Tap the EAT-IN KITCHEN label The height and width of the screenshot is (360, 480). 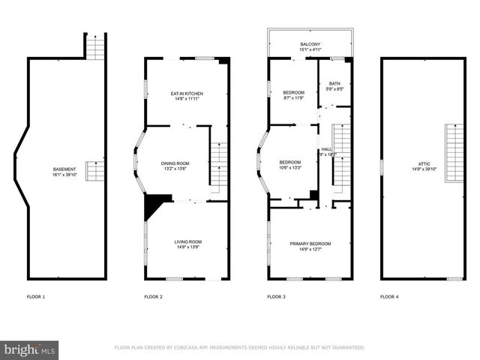(x=187, y=93)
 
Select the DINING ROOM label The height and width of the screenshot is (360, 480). (x=175, y=163)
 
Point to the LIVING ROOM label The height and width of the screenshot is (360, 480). (x=188, y=241)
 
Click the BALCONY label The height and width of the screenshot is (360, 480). (x=310, y=44)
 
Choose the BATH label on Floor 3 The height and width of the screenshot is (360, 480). (x=334, y=83)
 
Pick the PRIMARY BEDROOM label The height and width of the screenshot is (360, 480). (x=310, y=244)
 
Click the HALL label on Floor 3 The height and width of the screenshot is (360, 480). (x=326, y=149)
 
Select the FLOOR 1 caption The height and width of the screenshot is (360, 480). (x=36, y=297)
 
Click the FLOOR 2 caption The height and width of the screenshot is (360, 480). (x=153, y=297)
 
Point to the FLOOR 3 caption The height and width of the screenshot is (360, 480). (x=277, y=297)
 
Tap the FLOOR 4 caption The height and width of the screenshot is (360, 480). (x=389, y=297)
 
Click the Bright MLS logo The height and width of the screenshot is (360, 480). (x=30, y=349)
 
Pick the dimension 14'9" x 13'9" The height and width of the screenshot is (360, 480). (x=188, y=247)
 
